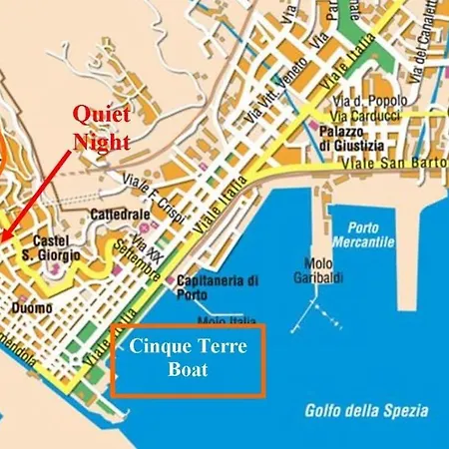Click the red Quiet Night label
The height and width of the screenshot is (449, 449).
click(102, 129)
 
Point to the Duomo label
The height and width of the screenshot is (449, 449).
click(31, 309)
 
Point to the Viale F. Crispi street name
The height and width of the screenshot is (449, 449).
click(150, 185)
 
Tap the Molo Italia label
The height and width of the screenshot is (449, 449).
click(222, 321)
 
